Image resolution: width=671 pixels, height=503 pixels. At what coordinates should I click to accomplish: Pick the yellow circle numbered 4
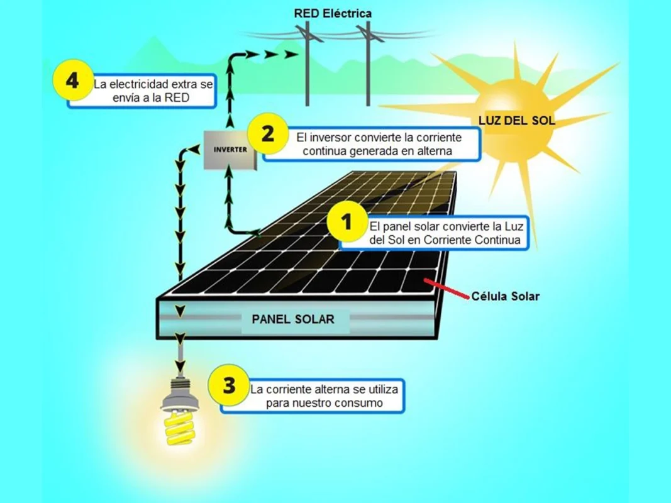(72, 81)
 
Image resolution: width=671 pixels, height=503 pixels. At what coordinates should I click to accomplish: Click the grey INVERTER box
(230, 150)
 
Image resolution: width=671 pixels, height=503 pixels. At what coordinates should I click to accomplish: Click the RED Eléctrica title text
(333, 13)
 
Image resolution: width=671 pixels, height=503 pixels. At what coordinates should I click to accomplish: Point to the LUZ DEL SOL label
(517, 121)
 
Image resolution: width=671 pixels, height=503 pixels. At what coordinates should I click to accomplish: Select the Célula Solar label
(506, 296)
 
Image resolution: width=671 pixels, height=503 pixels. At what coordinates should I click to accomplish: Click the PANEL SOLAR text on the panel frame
(293, 319)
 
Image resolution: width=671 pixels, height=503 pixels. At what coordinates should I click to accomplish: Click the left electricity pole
(308, 63)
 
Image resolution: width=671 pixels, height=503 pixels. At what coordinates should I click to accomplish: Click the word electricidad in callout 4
(143, 84)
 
